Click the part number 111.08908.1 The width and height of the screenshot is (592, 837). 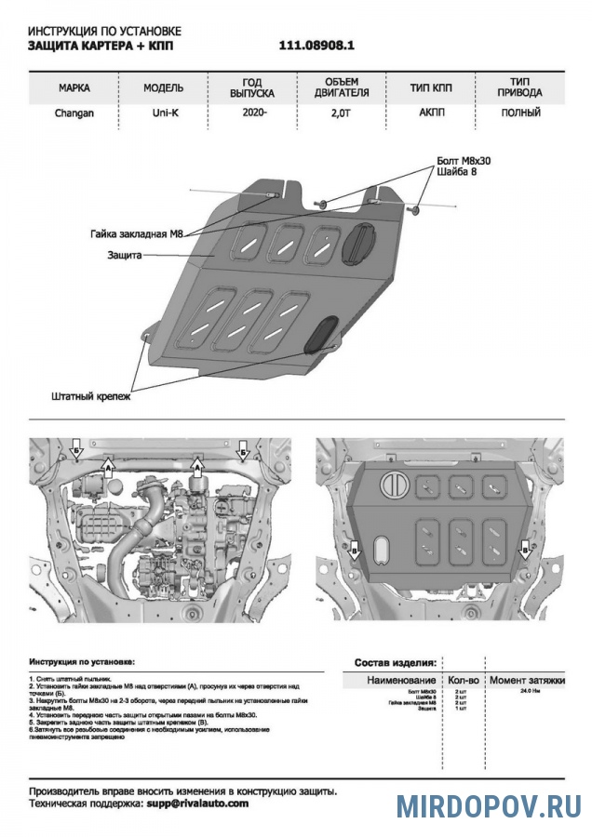point(316,45)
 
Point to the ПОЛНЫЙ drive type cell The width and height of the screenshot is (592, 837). point(519,113)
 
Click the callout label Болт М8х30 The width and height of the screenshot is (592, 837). point(464,161)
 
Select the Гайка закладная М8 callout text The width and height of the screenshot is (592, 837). point(128,234)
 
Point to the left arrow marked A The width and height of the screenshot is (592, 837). point(107,471)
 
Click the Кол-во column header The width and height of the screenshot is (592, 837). point(462,681)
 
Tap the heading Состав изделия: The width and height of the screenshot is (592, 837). point(396,663)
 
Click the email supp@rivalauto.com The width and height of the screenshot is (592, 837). point(197,803)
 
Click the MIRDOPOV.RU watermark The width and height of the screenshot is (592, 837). point(488,805)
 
